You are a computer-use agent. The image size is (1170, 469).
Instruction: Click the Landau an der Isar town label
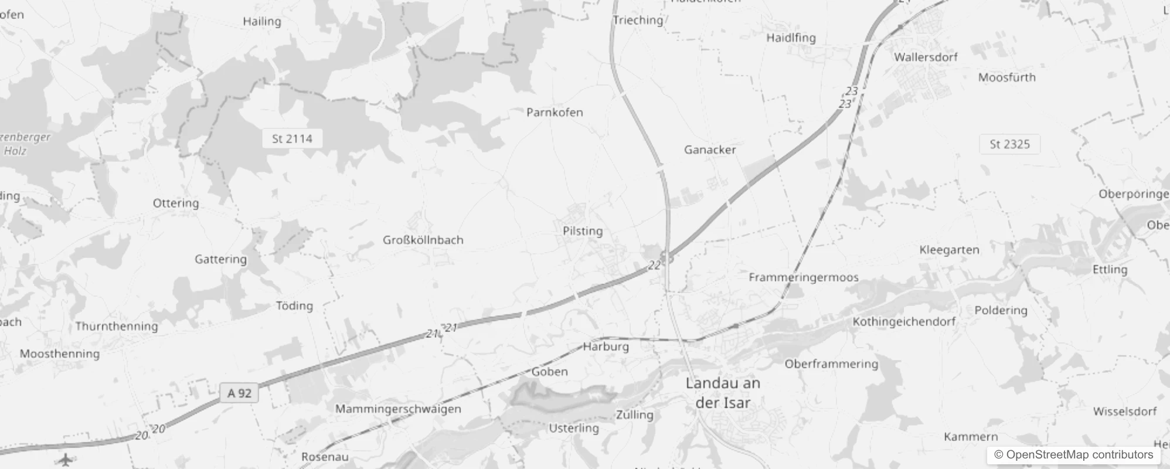pos(723,393)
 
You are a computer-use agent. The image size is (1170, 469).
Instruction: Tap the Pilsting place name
pos(582,231)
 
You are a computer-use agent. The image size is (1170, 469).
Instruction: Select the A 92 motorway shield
pos(240,393)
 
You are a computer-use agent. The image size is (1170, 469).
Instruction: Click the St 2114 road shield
pos(292,139)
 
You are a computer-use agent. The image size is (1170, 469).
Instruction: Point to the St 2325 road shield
pos(1009,144)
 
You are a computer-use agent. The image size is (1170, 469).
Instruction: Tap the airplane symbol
pos(66,460)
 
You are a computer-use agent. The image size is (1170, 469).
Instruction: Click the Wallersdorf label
pos(926,57)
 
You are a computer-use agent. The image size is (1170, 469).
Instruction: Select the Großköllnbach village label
pos(423,240)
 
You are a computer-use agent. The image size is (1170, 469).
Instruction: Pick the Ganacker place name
pos(710,149)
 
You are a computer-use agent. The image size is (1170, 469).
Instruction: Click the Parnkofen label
pos(555,112)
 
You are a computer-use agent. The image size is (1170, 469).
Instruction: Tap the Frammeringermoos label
pos(803,277)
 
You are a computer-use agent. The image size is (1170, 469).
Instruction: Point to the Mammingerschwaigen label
pos(398,409)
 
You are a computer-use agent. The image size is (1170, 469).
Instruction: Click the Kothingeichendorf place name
pos(904,321)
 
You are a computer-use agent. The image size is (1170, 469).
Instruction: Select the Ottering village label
pos(176,203)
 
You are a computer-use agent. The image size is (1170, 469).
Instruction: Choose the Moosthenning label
pos(60,354)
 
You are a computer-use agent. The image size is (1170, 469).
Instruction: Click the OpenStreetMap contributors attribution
pos(1073,455)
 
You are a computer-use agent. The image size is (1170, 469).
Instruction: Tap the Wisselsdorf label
pos(1124,412)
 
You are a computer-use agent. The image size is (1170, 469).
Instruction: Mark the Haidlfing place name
pos(791,38)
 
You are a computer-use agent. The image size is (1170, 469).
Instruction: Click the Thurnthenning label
pos(117,326)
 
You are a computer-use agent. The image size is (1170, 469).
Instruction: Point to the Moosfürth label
pos(1006,77)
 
